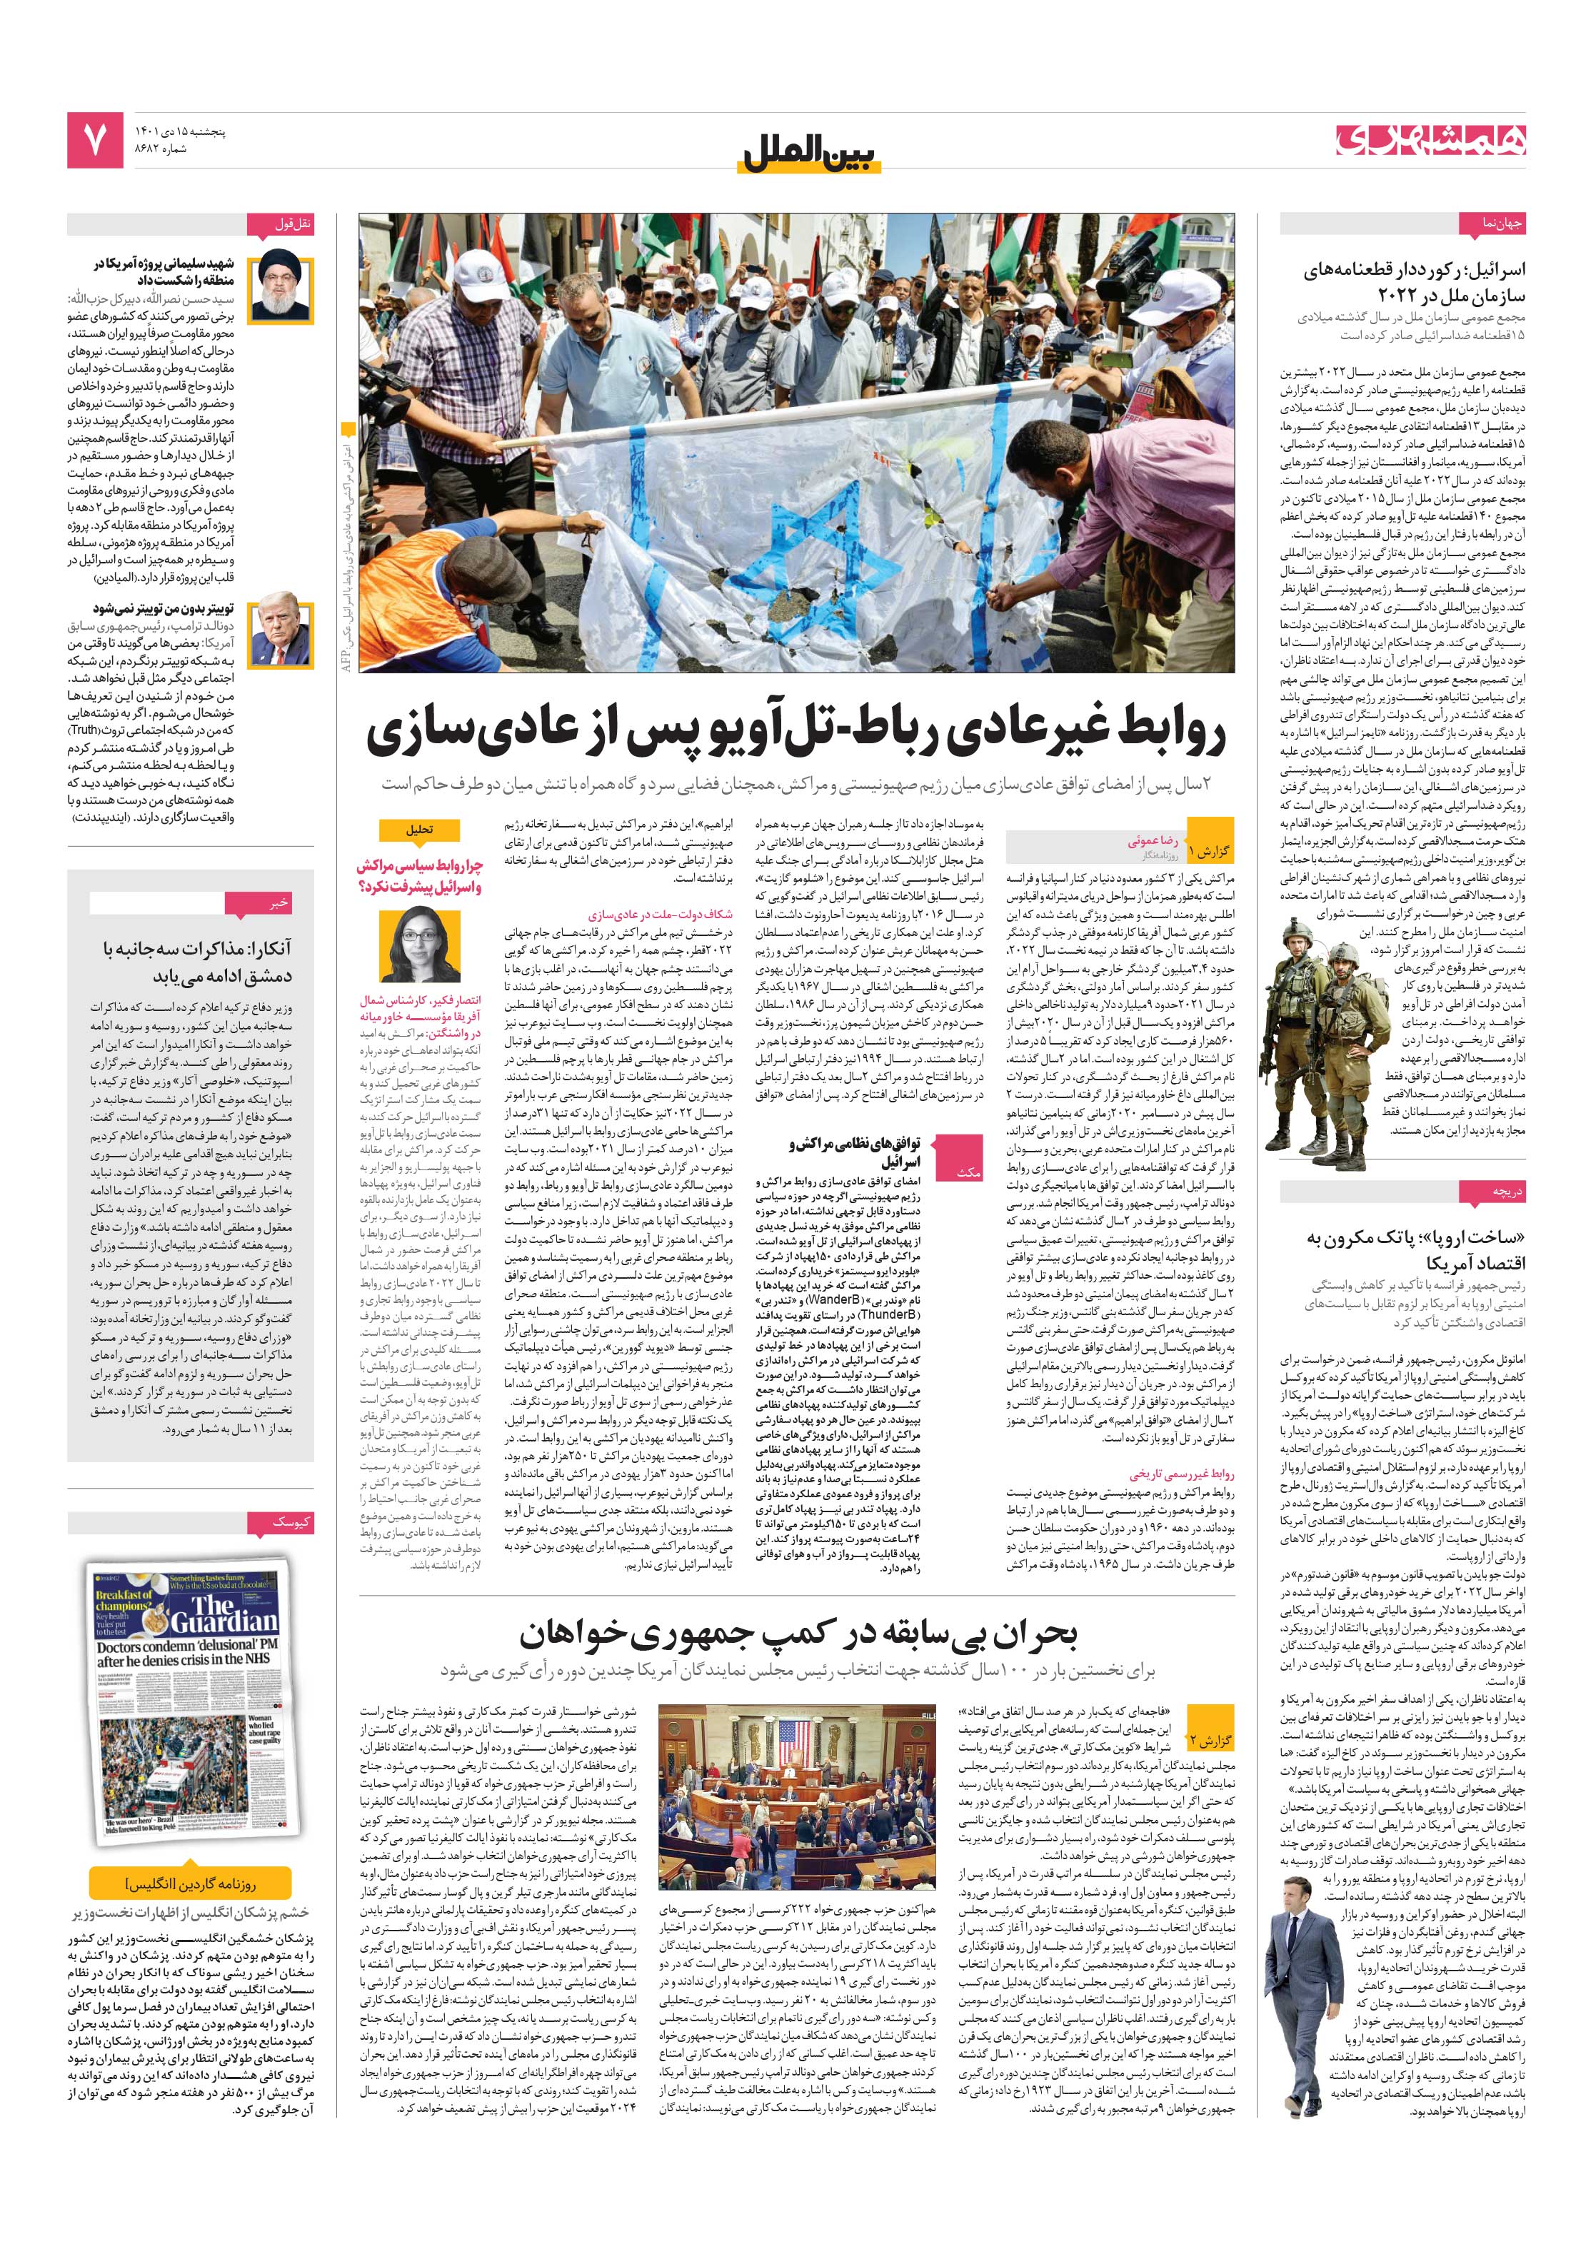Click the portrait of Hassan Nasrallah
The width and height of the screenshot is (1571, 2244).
click(x=281, y=289)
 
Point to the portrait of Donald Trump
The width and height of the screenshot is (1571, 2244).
click(x=281, y=634)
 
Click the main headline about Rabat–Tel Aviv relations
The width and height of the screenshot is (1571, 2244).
click(x=795, y=734)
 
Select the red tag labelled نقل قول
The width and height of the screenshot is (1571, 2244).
click(x=293, y=225)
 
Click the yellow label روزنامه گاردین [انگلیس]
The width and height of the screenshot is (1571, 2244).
click(x=191, y=1883)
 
